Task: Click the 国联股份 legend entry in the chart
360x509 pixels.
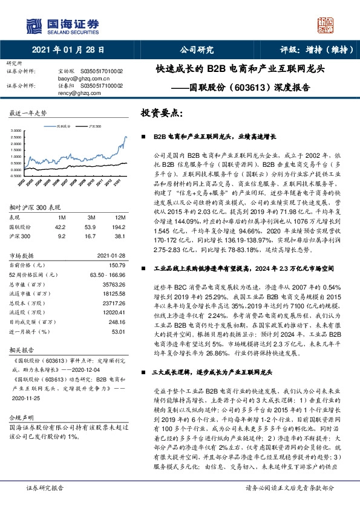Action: coord(63,126)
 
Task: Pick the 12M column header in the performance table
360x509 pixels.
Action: coord(119,217)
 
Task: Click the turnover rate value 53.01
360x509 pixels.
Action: coord(117,331)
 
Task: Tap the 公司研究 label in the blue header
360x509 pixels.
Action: coord(197,51)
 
